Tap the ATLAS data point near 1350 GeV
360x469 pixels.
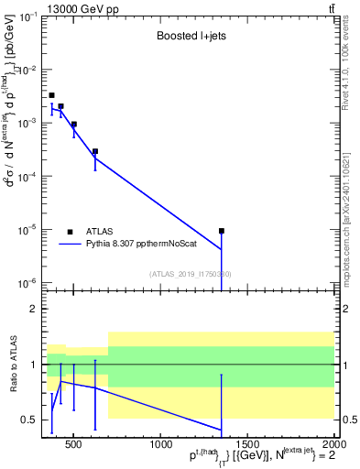(221, 231)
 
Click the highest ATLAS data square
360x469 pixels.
(51, 95)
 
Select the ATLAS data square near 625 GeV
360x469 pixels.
(95, 152)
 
